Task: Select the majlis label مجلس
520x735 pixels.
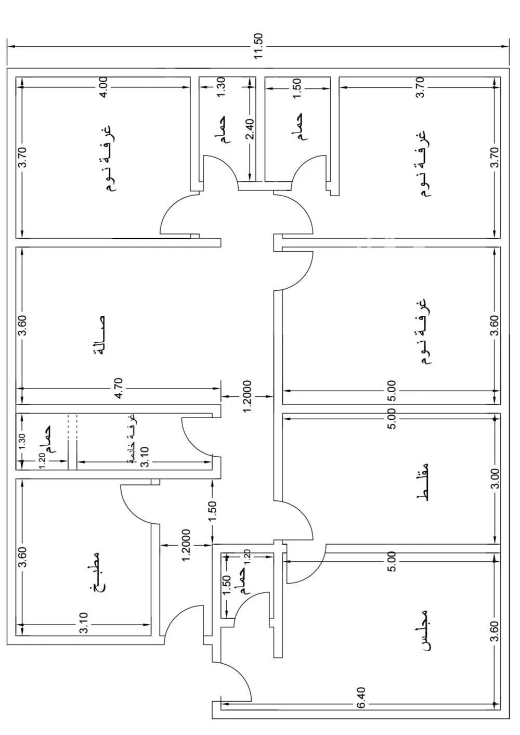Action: coord(425,630)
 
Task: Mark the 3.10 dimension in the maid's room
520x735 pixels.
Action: coord(145,461)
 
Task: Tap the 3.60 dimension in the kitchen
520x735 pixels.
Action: coord(22,557)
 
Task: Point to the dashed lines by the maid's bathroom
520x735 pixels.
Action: coord(72,427)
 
